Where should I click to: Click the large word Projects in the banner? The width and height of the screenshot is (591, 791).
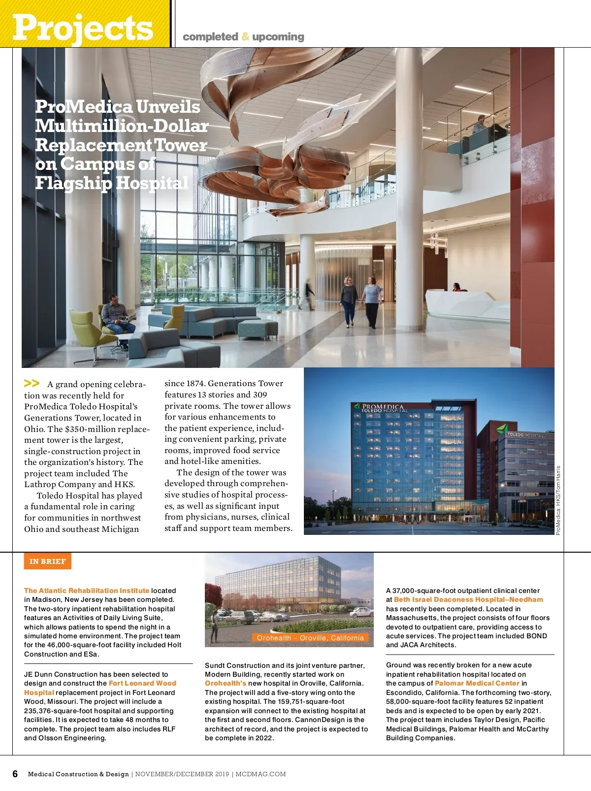83,28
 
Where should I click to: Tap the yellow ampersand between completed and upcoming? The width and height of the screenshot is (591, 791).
245,37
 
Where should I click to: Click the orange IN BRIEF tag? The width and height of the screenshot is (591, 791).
47,561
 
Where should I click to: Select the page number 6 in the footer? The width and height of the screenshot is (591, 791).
15,774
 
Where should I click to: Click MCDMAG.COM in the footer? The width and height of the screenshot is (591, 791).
261,774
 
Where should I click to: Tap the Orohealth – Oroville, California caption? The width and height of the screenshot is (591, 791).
310,638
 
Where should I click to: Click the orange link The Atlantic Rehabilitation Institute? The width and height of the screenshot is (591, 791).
87,591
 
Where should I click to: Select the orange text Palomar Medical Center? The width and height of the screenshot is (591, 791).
477,683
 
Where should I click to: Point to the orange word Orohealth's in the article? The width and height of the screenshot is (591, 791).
226,683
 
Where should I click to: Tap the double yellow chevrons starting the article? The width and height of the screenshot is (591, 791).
32,383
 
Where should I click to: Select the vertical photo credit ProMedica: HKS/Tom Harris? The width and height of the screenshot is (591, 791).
558,500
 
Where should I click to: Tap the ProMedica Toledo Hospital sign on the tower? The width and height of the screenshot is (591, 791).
382,408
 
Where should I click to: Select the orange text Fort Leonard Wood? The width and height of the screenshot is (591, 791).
142,683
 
